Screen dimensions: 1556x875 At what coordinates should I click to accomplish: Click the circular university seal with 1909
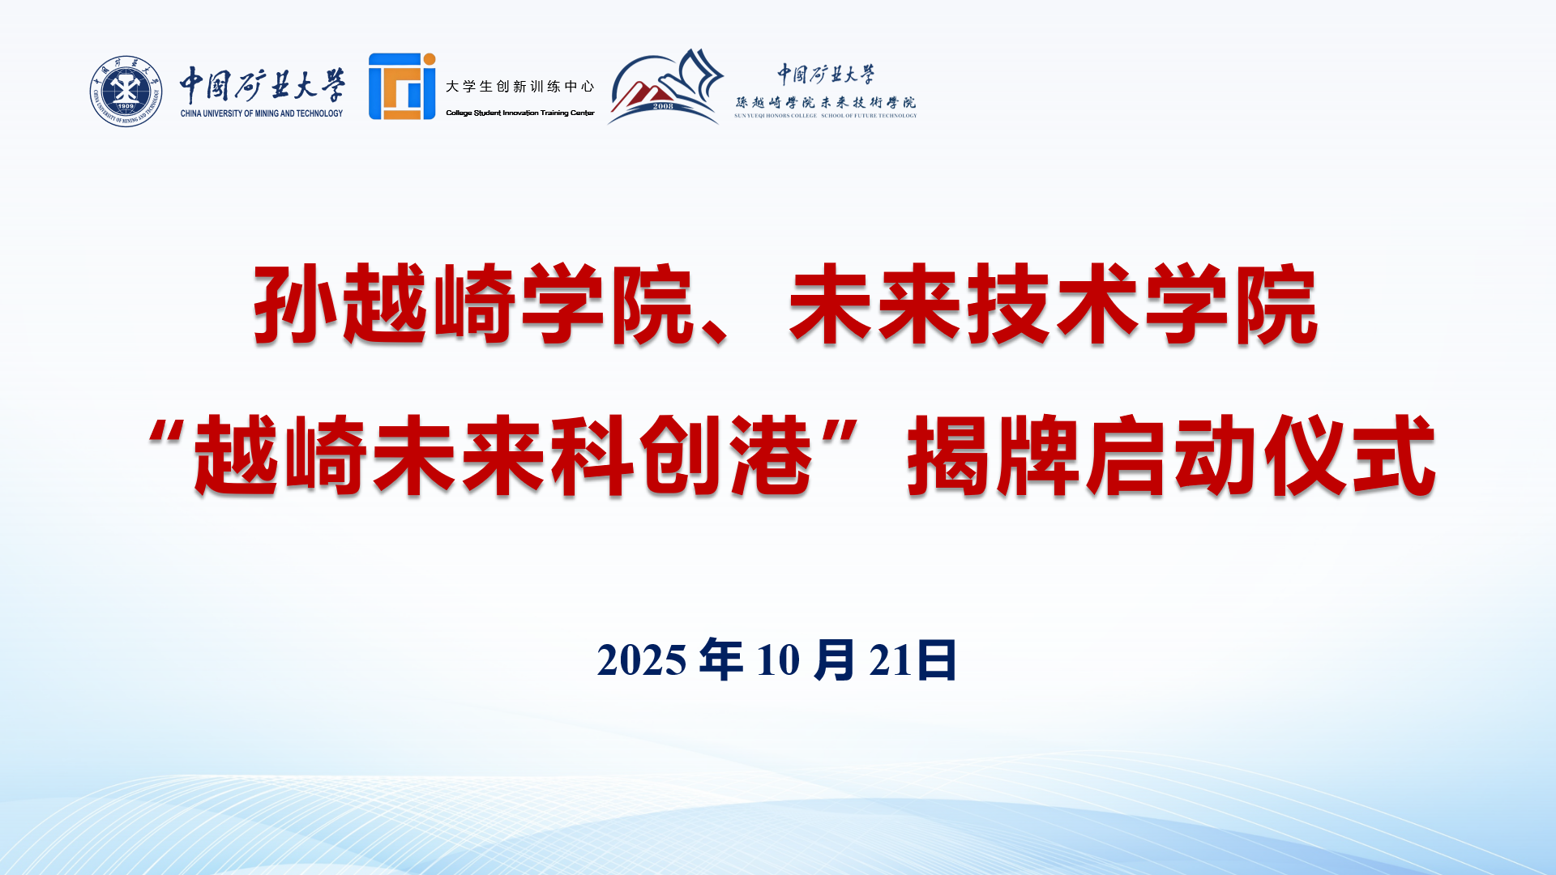coord(126,91)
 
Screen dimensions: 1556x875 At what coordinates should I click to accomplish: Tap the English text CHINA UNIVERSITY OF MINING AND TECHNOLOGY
coord(262,113)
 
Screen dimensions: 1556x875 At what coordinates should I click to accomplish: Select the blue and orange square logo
coord(402,87)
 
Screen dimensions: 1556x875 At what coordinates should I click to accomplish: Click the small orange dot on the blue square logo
coord(430,59)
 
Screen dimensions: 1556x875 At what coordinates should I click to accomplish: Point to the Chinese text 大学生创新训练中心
coord(520,87)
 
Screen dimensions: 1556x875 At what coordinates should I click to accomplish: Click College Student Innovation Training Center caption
coord(520,113)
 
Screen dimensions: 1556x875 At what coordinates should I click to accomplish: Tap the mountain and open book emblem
coord(665,87)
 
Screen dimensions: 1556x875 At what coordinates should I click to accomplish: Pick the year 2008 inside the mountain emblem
coord(663,106)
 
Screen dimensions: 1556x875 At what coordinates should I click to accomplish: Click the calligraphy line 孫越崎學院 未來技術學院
coord(826,103)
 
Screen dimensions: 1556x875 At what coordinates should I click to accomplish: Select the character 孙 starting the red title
coord(296,304)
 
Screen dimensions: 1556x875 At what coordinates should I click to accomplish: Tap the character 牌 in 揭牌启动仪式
coord(1039,455)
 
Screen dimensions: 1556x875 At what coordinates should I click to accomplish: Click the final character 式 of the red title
coord(1395,455)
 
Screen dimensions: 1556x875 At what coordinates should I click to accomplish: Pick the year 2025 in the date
coord(642,660)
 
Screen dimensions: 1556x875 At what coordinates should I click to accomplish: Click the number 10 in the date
coord(778,660)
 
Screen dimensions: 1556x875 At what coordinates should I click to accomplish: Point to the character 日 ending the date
coord(937,659)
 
